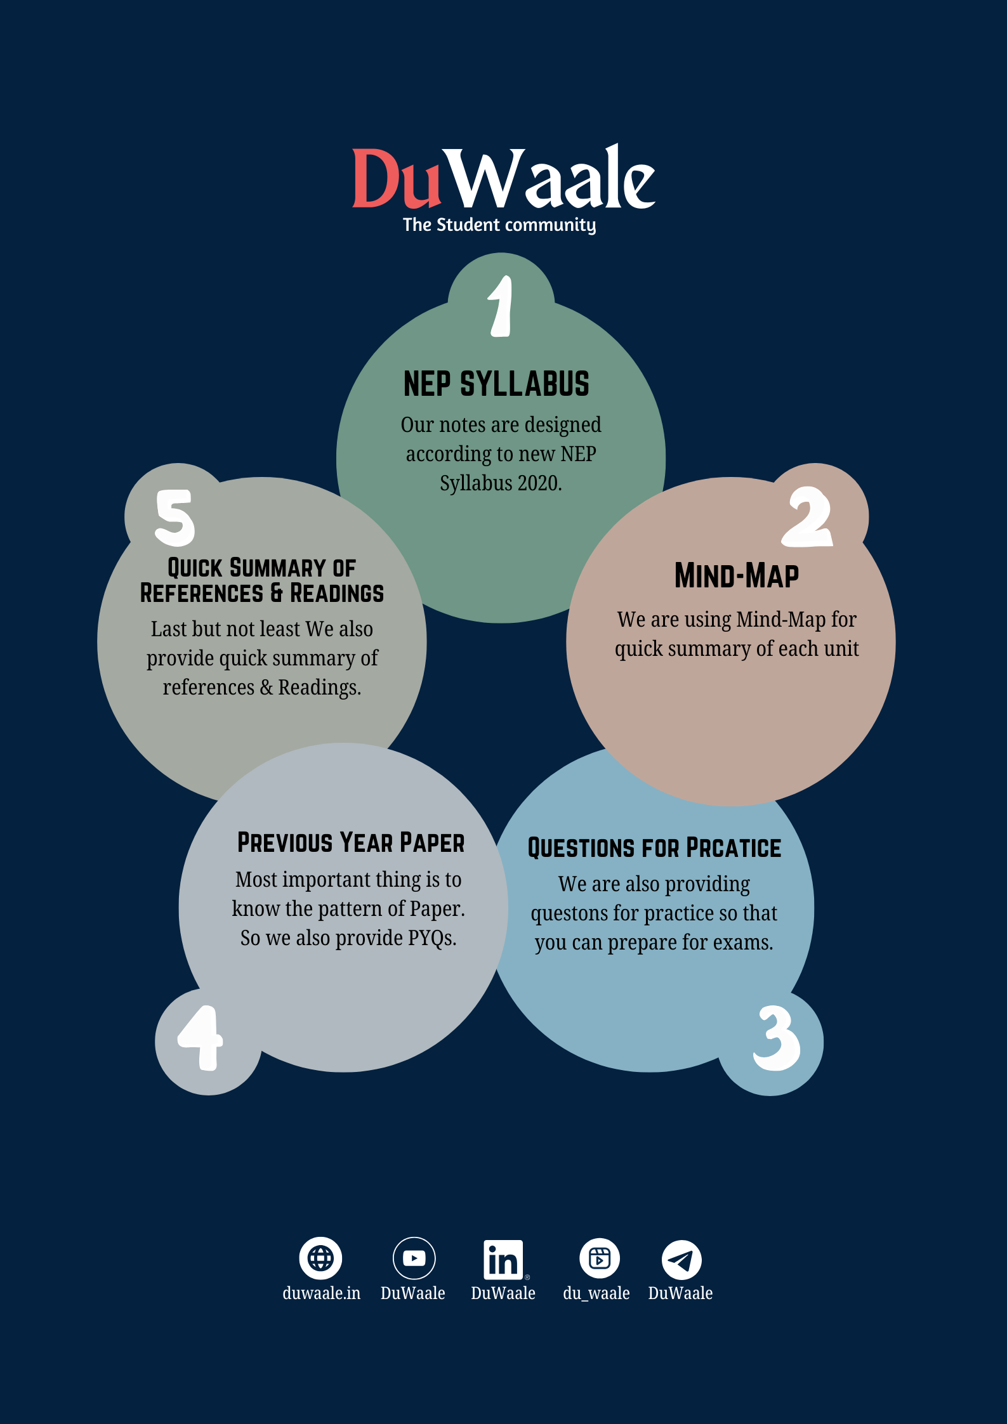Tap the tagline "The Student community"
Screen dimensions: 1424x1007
click(x=499, y=225)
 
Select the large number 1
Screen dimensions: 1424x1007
click(x=501, y=306)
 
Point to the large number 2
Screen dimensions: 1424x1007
click(x=807, y=517)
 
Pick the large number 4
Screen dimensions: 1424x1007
click(x=201, y=1038)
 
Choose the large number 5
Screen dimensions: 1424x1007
click(x=174, y=518)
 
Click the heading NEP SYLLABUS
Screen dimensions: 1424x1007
click(x=496, y=384)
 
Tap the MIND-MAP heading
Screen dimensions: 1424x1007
click(x=736, y=576)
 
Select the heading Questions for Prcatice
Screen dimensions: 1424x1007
click(x=654, y=849)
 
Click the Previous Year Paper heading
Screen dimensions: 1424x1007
click(x=350, y=843)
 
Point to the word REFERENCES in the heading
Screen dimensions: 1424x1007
click(x=201, y=594)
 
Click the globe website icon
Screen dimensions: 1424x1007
click(x=320, y=1258)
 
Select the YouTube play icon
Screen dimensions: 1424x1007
click(x=414, y=1258)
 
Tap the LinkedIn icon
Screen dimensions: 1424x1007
click(x=503, y=1260)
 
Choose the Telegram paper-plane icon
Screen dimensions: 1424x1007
click(x=681, y=1260)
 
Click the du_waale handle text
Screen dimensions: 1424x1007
click(x=596, y=1293)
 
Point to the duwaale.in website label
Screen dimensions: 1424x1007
click(x=321, y=1293)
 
